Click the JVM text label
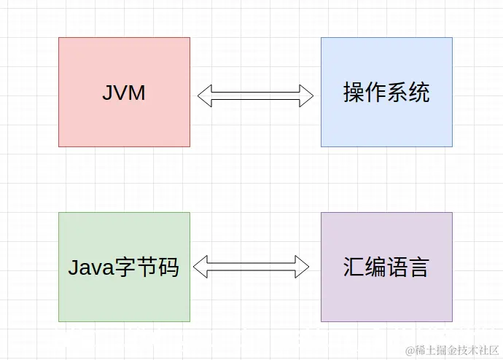(x=124, y=93)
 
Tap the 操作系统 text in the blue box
(x=386, y=93)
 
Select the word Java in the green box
(x=92, y=267)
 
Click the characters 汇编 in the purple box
(x=364, y=267)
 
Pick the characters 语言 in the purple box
(x=408, y=267)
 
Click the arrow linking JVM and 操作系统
(x=255, y=95)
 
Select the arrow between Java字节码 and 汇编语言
(x=251, y=267)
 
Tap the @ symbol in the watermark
(x=410, y=350)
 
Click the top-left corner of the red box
(x=59, y=38)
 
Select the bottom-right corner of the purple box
(x=452, y=321)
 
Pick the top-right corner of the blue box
(x=452, y=38)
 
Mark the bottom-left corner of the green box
(x=59, y=321)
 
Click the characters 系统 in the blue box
(x=408, y=93)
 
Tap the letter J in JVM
(x=107, y=93)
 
